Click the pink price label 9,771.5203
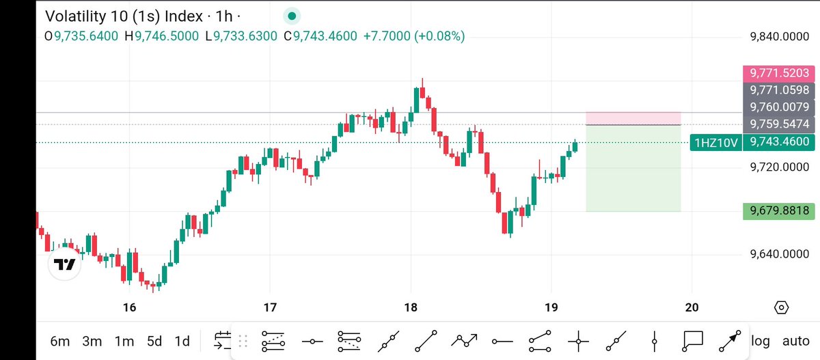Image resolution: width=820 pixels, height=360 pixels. tap(779, 73)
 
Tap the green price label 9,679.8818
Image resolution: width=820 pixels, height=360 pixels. tap(779, 211)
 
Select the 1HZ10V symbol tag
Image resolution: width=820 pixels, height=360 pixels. tap(715, 142)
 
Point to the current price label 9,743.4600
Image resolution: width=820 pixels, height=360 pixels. tap(779, 142)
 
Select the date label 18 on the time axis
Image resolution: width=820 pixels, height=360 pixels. tap(411, 307)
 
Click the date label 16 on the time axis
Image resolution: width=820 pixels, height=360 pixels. tap(129, 307)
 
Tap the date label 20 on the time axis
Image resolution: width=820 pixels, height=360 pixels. tap(692, 307)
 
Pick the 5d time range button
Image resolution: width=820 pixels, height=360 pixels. tap(154, 341)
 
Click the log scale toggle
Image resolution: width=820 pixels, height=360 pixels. tap(760, 341)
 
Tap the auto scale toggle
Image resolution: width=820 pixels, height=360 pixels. tap(795, 341)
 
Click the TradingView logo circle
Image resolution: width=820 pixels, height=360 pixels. tap(65, 264)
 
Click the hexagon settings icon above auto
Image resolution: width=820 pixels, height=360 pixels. tap(782, 307)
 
